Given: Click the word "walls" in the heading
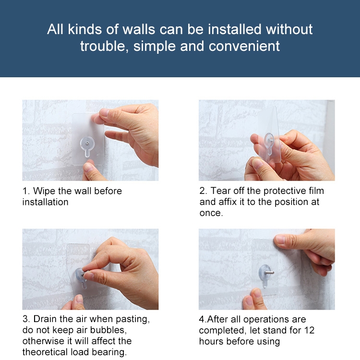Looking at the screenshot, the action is (138, 29).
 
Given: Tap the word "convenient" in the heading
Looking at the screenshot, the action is (244, 46).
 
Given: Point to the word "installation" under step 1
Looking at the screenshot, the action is (46, 202).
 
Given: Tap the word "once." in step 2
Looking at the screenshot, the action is (211, 213).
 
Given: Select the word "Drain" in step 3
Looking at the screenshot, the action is (46, 319).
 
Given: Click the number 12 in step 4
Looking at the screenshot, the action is (309, 330).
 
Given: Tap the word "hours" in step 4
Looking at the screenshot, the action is (212, 341).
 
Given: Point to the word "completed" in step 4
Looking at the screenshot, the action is (223, 330).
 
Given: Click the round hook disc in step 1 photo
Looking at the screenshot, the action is (87, 144).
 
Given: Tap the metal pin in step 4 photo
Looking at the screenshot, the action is (269, 273).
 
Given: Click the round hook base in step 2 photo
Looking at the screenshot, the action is (269, 139).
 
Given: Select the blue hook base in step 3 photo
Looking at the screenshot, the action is (80, 275).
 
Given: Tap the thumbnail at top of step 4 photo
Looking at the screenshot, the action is (281, 240).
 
